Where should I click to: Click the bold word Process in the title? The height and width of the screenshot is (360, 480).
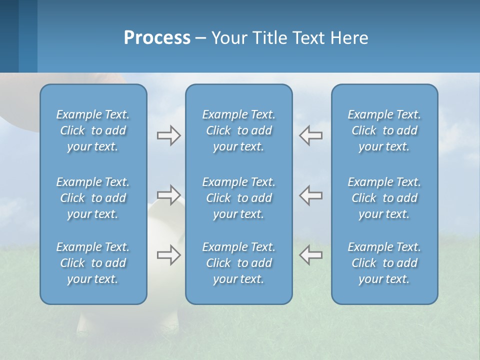tap(157, 38)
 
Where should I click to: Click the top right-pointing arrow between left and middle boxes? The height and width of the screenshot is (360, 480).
tap(168, 135)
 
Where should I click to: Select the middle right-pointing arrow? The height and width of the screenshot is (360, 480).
tap(168, 194)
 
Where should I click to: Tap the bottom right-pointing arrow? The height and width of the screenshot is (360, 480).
tap(168, 254)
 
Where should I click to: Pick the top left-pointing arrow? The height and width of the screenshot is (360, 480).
tap(310, 135)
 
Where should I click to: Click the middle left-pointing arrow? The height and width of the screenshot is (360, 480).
tap(310, 194)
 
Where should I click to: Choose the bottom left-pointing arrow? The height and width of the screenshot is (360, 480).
tap(310, 254)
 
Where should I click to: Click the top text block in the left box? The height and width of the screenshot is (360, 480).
tap(93, 130)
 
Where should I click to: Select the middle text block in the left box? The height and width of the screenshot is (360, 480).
tap(93, 198)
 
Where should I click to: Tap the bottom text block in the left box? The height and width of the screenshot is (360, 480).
tap(93, 263)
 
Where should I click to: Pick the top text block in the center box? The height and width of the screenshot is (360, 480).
tap(238, 130)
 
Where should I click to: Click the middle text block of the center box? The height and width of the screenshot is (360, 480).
tap(238, 198)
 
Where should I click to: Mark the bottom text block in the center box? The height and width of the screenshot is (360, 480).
tap(238, 263)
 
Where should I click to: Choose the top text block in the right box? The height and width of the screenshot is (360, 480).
tap(384, 130)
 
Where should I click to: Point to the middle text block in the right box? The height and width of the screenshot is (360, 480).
tap(384, 198)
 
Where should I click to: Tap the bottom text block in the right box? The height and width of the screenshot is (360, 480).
tap(384, 263)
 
